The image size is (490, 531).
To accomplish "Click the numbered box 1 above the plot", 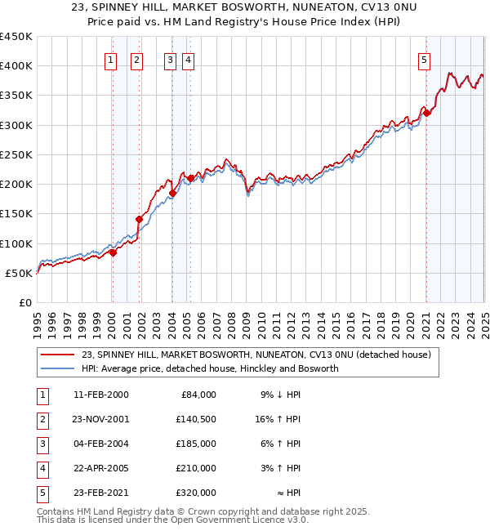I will [110, 59].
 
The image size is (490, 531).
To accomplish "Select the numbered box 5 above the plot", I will [425, 59].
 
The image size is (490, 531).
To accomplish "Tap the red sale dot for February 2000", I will [113, 252].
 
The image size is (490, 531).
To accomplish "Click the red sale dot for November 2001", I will [139, 219].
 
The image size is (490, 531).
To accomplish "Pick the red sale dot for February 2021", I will [426, 113].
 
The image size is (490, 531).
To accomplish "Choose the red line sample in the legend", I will [58, 355].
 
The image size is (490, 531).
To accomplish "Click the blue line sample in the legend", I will [58, 368].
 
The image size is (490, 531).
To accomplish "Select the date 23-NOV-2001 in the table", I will [100, 419].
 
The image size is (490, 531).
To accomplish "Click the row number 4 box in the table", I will [42, 468].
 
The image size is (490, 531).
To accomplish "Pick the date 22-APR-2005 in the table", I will [100, 468].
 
